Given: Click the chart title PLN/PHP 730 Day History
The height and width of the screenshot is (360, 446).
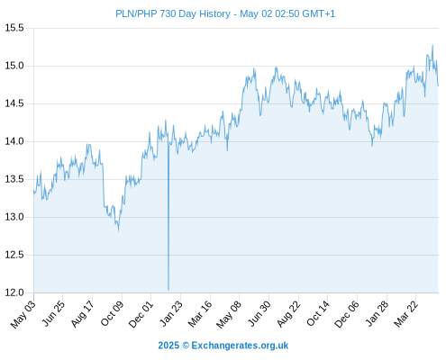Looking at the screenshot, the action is tap(173, 13).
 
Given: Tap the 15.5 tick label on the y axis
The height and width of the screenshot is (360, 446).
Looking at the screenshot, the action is tap(14, 28).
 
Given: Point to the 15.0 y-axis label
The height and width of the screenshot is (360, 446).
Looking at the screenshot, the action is tap(14, 66).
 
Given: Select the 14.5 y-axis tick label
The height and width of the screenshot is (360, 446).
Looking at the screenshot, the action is tap(14, 103).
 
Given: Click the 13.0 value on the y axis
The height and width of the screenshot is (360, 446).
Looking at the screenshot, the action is tap(14, 217).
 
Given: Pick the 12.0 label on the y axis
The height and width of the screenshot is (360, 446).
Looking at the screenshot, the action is tap(14, 292).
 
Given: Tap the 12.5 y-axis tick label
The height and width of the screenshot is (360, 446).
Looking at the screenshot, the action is tap(14, 255).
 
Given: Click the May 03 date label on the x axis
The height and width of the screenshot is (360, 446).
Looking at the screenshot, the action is tap(23, 314).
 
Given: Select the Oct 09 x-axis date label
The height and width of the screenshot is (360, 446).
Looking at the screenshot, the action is tap(112, 313).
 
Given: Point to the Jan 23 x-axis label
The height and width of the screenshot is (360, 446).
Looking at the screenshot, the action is tap(171, 313).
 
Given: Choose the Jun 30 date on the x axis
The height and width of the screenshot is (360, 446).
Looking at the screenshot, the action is tap(259, 313).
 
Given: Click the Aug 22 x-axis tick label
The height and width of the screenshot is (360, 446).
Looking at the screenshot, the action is tap(288, 314).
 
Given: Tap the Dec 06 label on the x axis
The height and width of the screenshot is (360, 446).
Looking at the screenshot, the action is tap(347, 314).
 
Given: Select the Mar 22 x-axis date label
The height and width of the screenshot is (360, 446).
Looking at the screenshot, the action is tap(405, 314).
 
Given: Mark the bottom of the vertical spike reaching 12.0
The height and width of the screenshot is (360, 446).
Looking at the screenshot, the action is tap(168, 290).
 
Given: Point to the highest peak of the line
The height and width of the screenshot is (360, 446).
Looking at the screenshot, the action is tap(432, 46).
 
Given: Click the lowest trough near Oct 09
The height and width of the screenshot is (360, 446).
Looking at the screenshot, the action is tap(119, 230).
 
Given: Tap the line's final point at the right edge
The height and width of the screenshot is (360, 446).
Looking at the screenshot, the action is tap(438, 85).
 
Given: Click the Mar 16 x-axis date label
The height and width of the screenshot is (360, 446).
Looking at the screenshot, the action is tap(200, 314).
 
